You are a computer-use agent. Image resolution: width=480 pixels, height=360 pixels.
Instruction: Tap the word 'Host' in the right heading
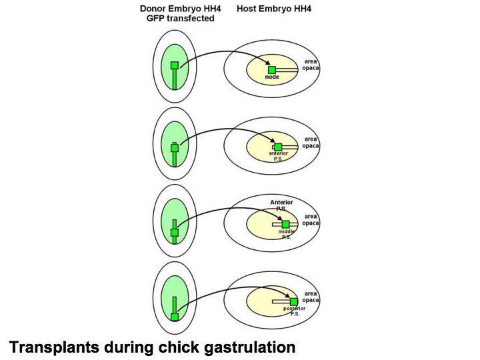(249, 9)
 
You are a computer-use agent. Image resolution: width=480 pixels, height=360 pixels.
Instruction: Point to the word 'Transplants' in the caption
(50, 347)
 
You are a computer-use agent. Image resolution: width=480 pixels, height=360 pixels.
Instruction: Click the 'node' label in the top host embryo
(271, 78)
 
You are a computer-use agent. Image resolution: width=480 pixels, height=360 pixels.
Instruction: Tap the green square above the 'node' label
(272, 70)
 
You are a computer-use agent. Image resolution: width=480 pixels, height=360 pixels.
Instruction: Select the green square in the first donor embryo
(175, 65)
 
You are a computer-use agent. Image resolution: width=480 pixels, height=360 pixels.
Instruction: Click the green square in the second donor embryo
(175, 148)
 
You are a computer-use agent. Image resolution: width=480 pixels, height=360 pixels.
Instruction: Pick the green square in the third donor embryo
(175, 233)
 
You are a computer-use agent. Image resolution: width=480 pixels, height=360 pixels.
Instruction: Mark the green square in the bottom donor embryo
(175, 317)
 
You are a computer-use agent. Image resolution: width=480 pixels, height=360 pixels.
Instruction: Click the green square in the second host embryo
(278, 147)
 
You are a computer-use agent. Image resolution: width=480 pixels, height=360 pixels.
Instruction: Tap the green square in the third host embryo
(285, 224)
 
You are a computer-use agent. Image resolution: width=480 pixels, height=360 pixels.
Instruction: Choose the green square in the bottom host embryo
(293, 301)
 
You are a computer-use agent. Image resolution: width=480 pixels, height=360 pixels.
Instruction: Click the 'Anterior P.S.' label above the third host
(281, 205)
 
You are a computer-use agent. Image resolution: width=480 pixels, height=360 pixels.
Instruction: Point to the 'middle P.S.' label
(285, 234)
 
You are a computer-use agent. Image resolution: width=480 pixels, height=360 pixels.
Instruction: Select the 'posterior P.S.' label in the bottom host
(293, 311)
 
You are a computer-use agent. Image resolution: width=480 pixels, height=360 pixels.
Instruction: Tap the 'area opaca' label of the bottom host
(310, 296)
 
